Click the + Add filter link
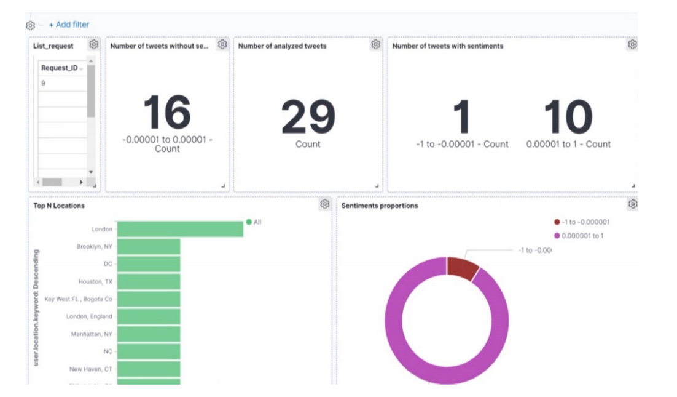(69, 25)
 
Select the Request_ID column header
(60, 68)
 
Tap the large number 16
(167, 113)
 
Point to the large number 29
(308, 117)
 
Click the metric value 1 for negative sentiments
(461, 117)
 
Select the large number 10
(568, 117)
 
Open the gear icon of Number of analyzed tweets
(375, 44)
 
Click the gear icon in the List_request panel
(93, 44)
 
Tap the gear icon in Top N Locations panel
(324, 204)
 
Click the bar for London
(180, 229)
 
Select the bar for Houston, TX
(149, 281)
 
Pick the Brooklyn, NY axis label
(94, 247)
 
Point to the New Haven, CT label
(91, 369)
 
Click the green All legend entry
(254, 222)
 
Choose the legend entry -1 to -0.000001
(581, 222)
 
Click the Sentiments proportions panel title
(379, 206)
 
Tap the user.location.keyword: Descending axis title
(37, 308)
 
